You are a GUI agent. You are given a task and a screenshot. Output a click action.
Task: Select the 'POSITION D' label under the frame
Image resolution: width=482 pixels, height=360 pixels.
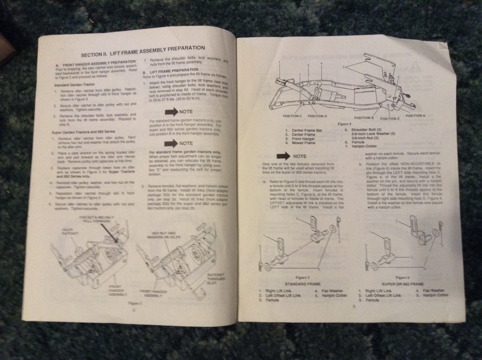(317, 116)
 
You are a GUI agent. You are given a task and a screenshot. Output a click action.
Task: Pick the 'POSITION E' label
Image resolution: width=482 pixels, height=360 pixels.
(390, 118)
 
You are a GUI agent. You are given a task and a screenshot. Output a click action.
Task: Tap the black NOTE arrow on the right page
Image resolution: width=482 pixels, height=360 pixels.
(283, 156)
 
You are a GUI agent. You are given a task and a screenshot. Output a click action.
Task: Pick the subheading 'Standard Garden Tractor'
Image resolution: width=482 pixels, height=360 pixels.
(74, 85)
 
